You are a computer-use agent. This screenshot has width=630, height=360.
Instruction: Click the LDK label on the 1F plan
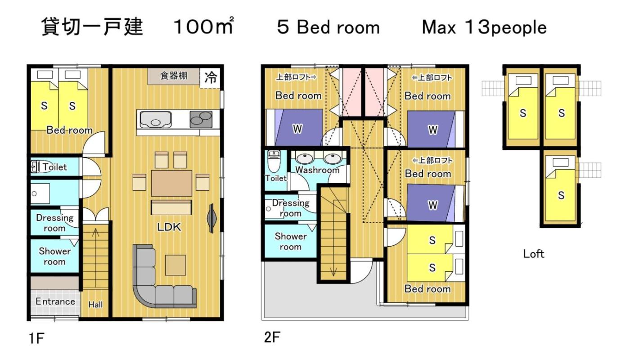(x=169, y=227)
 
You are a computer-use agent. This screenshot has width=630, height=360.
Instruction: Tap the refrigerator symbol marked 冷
(x=210, y=78)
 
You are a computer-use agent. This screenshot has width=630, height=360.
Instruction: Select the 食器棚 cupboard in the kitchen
(x=174, y=76)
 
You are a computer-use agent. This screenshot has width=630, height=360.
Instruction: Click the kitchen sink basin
(x=156, y=119)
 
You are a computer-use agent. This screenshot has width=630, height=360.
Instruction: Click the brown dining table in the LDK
(x=171, y=183)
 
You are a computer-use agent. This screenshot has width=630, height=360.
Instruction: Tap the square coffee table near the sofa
(x=175, y=265)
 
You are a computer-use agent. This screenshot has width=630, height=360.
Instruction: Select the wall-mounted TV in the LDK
(x=211, y=219)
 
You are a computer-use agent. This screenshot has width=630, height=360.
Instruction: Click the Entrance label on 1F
(x=55, y=301)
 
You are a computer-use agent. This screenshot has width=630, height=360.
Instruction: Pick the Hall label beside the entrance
(x=95, y=305)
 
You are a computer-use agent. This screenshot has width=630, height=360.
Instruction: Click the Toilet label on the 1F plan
(x=55, y=167)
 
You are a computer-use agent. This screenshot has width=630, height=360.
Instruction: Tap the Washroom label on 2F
(x=317, y=170)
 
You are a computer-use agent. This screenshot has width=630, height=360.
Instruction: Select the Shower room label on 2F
(x=291, y=241)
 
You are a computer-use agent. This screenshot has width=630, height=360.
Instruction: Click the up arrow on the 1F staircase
(x=95, y=233)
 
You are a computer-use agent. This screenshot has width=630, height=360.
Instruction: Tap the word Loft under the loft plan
(x=534, y=254)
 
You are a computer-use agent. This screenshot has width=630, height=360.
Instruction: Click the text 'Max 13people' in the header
(x=484, y=27)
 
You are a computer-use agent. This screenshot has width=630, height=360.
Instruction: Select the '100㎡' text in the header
(x=203, y=26)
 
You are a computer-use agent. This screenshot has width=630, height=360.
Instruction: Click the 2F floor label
(x=272, y=337)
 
